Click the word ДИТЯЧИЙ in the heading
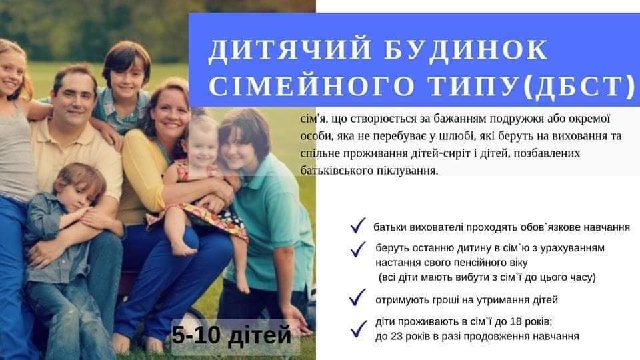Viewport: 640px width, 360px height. click(x=290, y=50)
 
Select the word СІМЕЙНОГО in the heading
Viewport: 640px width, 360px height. click(x=312, y=87)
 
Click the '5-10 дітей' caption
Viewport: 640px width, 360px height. click(x=231, y=335)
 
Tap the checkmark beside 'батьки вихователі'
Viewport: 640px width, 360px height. click(x=358, y=225)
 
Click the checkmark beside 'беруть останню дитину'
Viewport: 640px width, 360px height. click(x=358, y=249)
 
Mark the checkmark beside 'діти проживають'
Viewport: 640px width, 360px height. click(x=359, y=329)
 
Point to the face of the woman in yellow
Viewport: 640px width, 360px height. click(x=170, y=113)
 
